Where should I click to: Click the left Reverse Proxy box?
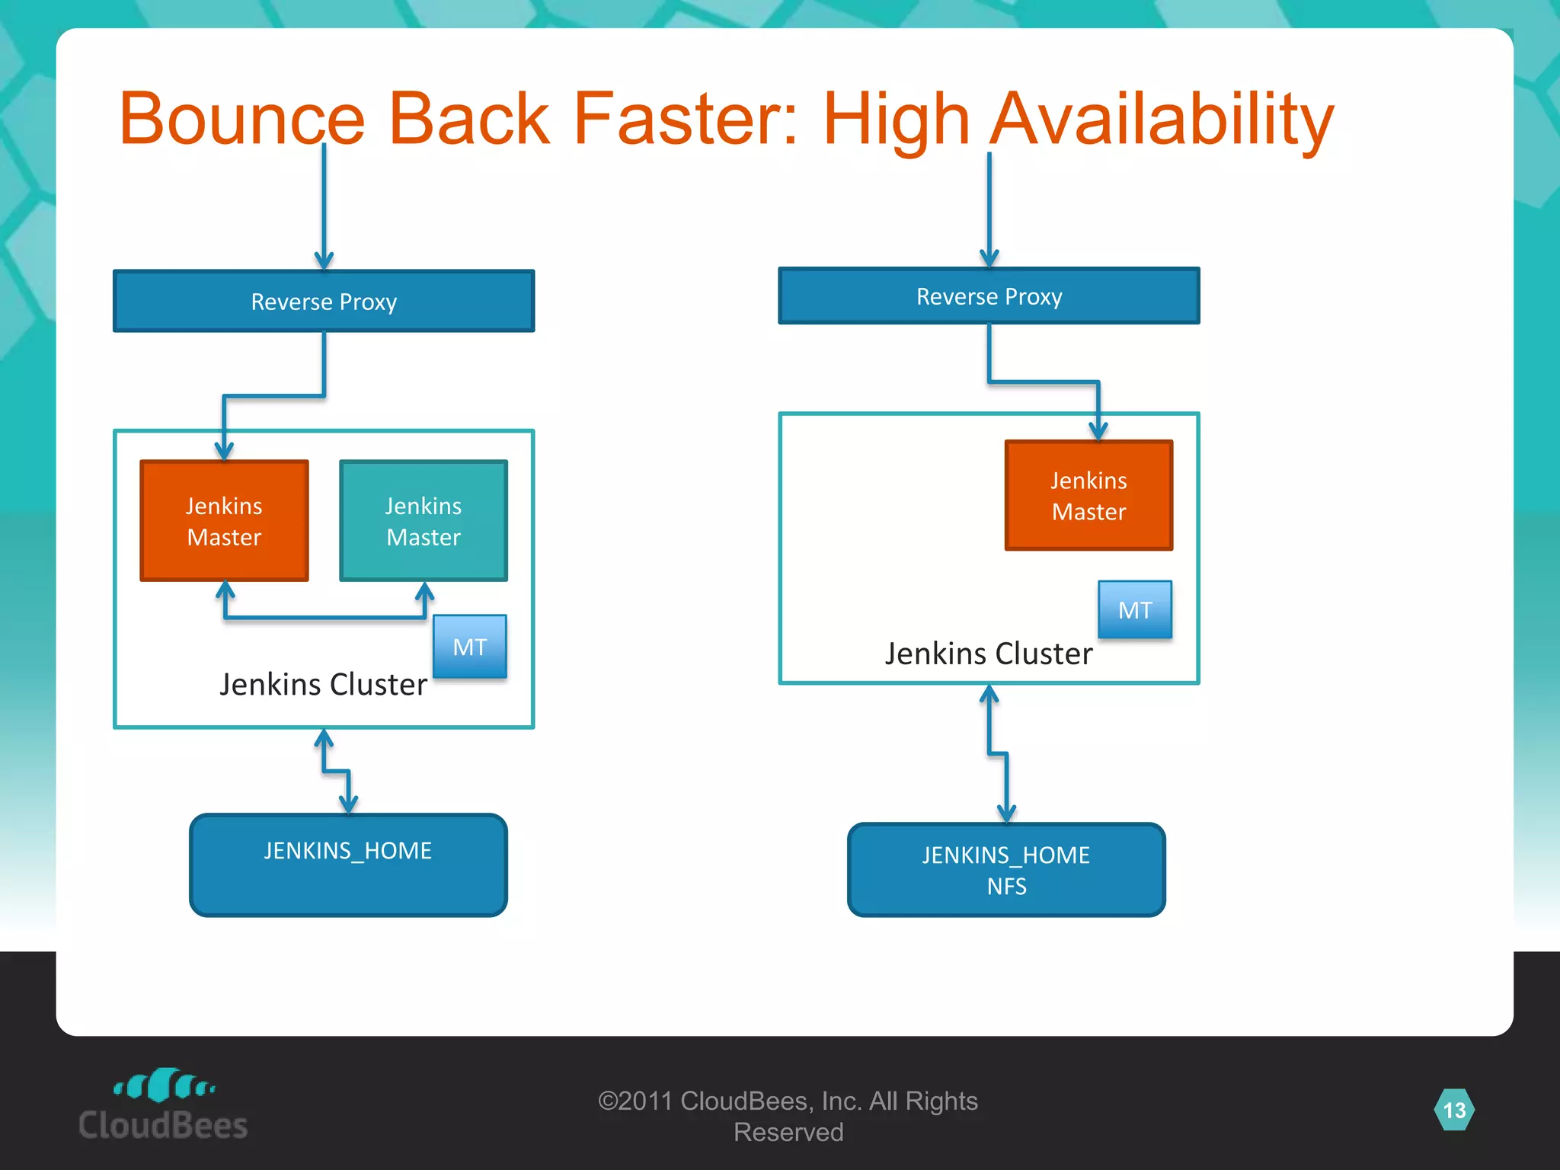(x=324, y=302)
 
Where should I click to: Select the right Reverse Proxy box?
(x=989, y=296)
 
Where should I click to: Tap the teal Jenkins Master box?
(x=424, y=521)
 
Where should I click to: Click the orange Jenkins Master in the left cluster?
(x=225, y=521)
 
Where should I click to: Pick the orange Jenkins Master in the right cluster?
(x=1088, y=495)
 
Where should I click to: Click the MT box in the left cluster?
(x=470, y=647)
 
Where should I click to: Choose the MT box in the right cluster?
(x=1135, y=609)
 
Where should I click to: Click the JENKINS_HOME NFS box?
(x=1006, y=870)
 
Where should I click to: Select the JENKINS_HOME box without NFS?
(x=348, y=865)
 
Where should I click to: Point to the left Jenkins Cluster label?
(x=323, y=684)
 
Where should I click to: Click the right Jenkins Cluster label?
(x=988, y=654)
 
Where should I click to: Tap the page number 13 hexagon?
(x=1454, y=1110)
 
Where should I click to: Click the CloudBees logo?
(x=163, y=1104)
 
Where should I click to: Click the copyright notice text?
(x=788, y=1116)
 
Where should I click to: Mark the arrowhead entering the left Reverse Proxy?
(x=324, y=261)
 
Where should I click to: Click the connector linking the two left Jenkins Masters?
(x=324, y=617)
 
